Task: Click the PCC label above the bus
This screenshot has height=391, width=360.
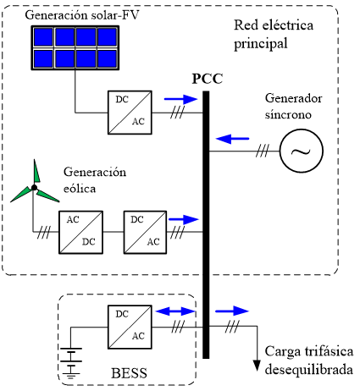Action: [x=208, y=79]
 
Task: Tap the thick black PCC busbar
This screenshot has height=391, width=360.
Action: [x=206, y=224]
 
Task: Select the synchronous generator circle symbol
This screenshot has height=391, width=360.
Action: [x=302, y=151]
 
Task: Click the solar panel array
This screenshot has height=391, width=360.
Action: [x=75, y=47]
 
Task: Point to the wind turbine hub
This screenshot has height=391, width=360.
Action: [x=34, y=187]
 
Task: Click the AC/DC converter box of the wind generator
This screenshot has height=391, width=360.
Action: [x=80, y=232]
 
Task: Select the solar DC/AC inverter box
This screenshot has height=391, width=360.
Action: [x=130, y=113]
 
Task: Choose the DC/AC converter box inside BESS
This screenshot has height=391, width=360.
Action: [x=130, y=327]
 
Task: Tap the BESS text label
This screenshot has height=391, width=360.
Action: [x=130, y=373]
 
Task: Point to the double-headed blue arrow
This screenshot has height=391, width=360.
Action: [x=175, y=311]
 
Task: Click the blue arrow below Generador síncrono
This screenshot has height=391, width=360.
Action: [x=232, y=139]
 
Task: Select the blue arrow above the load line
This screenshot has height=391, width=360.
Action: [x=232, y=311]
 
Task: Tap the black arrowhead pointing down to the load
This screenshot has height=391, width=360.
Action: [x=257, y=366]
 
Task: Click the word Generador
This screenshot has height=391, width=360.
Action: [x=294, y=98]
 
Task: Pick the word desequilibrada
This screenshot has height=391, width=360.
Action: [x=309, y=369]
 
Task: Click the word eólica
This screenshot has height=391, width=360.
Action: [x=80, y=189]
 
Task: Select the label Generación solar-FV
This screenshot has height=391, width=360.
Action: [x=82, y=15]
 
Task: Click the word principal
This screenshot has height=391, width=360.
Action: [x=261, y=44]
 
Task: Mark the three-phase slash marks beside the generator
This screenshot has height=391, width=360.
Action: [x=263, y=151]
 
